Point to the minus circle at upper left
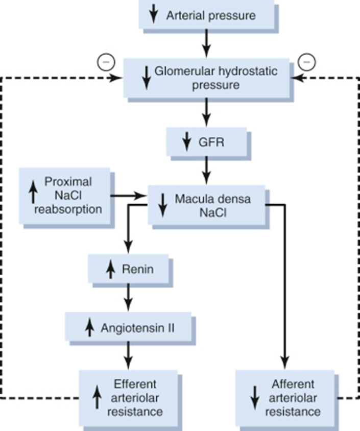point(106,62)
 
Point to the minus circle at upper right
point(307,62)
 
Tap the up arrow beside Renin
point(110,270)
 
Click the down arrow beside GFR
point(187,141)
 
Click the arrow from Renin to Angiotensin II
point(128,297)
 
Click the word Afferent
point(293,384)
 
